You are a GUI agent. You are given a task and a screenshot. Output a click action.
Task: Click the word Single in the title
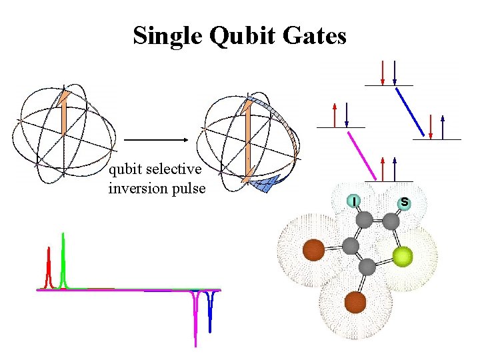[x=167, y=35]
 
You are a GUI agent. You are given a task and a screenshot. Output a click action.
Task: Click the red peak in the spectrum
[x=49, y=267]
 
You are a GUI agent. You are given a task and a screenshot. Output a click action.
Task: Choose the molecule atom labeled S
[x=404, y=202]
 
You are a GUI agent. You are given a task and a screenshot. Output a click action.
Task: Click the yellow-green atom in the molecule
[x=402, y=257]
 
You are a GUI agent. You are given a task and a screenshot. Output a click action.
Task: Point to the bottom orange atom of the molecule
[x=355, y=303]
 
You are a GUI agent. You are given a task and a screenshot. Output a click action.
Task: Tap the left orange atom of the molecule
[x=313, y=251]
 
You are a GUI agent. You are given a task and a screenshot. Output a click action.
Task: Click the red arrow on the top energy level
[x=382, y=73]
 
